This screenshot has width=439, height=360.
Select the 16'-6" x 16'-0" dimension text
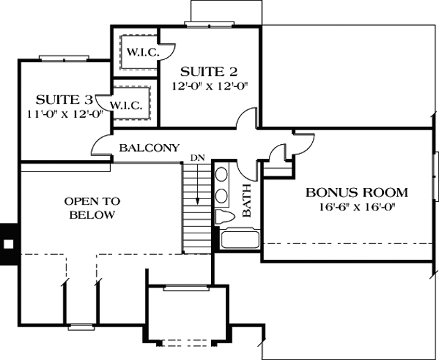357,208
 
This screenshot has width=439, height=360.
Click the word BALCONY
149,148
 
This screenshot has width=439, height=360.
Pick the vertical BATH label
247,205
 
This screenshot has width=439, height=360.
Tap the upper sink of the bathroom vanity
222,175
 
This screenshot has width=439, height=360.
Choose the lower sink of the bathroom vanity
222,194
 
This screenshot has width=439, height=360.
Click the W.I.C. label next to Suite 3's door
127,106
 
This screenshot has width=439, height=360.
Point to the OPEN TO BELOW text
92,208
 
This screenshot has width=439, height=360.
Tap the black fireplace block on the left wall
8,244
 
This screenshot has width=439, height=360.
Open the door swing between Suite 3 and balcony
101,145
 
